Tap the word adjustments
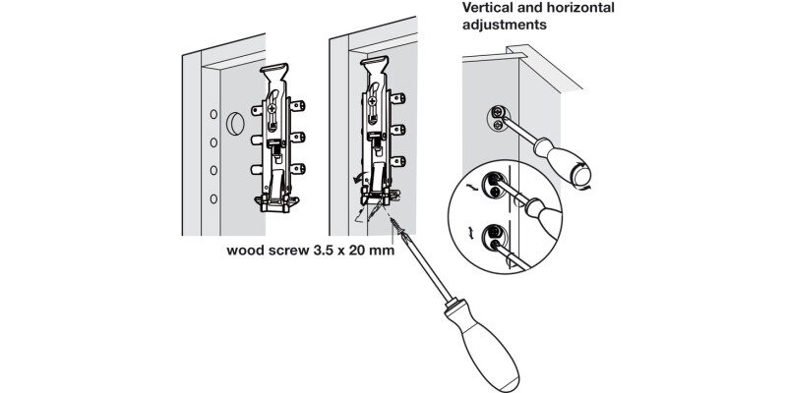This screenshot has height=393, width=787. point(506,26)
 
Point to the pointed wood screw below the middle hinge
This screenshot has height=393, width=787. point(398,228)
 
